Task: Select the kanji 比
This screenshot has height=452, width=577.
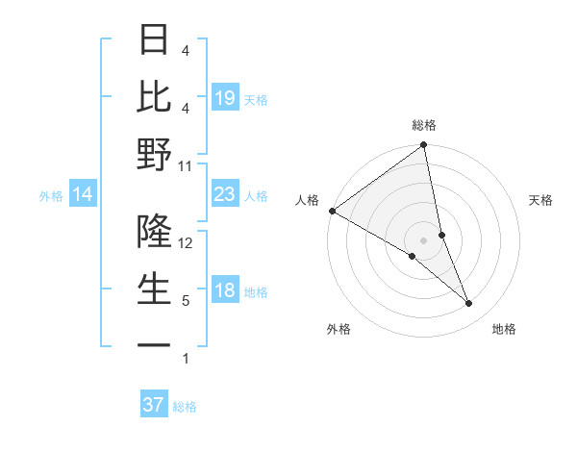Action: [x=154, y=96]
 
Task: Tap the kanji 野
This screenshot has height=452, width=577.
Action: [x=154, y=154]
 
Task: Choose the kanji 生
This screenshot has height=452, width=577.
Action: [x=154, y=289]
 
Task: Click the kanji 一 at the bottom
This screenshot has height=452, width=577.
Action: [x=154, y=344]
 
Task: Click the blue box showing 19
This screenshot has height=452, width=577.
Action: [x=224, y=98]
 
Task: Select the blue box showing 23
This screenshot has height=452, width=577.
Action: [x=224, y=195]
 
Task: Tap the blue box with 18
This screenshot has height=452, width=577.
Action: [x=224, y=291]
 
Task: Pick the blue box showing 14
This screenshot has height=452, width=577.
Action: [x=82, y=195]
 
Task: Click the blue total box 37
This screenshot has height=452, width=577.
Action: [x=153, y=405]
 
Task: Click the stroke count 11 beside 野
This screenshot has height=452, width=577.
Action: [x=185, y=165]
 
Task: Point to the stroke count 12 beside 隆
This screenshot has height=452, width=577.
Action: [x=185, y=242]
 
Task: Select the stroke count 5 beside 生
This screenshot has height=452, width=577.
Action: [x=185, y=301]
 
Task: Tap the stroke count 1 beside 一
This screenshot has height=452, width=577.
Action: [x=185, y=359]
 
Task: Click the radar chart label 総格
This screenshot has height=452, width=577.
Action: [x=424, y=125]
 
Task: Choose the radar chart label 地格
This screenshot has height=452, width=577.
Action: [x=504, y=329]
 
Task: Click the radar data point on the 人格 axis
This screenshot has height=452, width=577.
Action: [x=332, y=211]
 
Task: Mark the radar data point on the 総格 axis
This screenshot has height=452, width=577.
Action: [x=424, y=146]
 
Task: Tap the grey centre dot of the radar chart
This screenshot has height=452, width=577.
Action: [x=423, y=239]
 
